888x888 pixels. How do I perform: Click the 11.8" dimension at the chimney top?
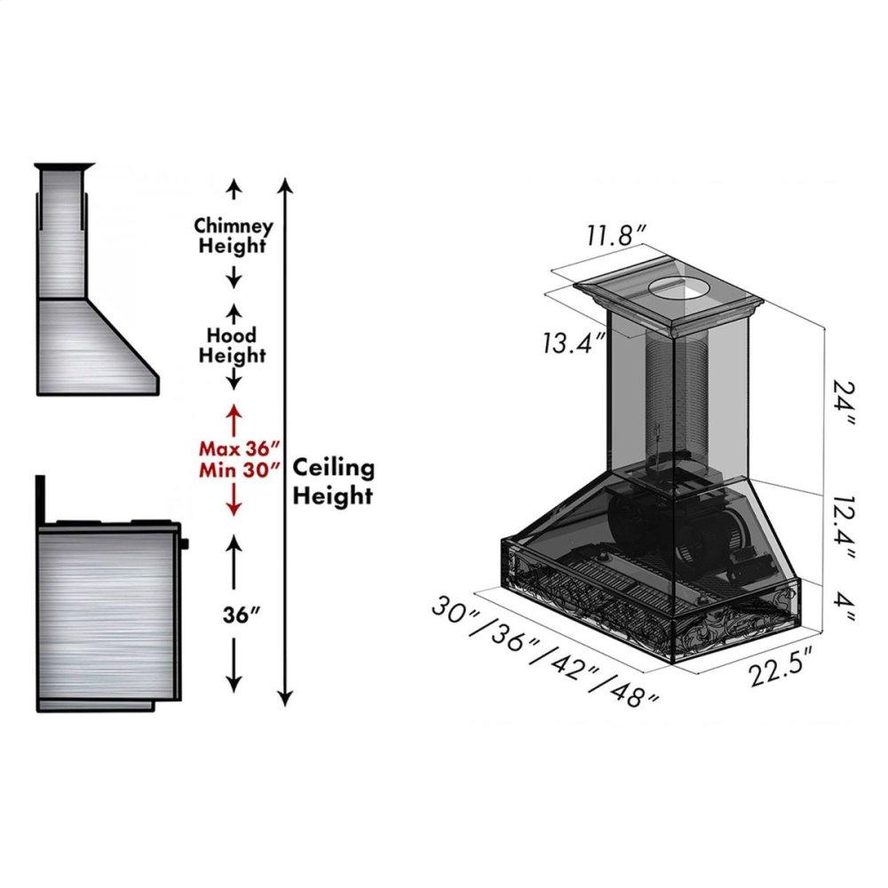pyautogui.click(x=615, y=234)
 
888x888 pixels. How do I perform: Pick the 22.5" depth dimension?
pyautogui.click(x=781, y=669)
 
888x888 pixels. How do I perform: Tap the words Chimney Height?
pyautogui.click(x=233, y=235)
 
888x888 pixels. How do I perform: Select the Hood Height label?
pyautogui.click(x=232, y=345)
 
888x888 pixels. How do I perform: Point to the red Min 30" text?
pyautogui.click(x=240, y=470)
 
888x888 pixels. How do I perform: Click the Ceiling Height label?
pyautogui.click(x=334, y=481)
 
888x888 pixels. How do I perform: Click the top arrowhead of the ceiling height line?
pyautogui.click(x=287, y=185)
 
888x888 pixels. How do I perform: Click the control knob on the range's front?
pyautogui.click(x=185, y=544)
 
